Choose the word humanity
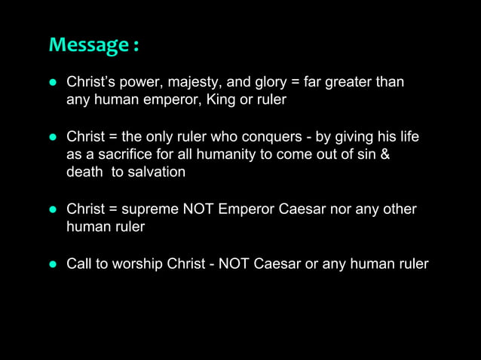tap(227, 154)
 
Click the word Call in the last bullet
tap(79, 264)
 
